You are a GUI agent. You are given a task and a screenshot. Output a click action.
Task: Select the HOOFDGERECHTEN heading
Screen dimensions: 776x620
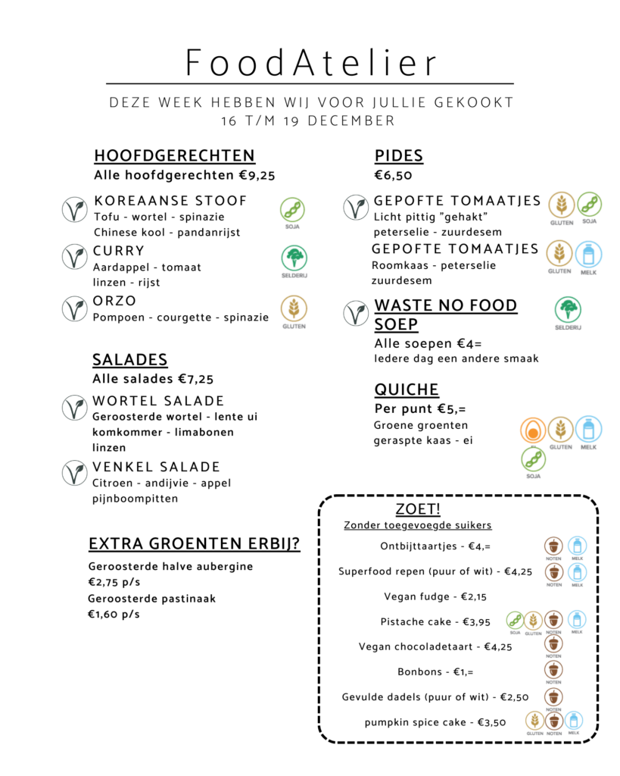(174, 156)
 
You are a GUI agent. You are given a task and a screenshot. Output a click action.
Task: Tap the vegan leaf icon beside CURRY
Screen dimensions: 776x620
(74, 256)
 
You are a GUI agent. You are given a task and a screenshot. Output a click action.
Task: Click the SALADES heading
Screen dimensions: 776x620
(129, 360)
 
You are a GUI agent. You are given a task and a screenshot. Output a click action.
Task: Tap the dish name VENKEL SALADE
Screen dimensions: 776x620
(157, 467)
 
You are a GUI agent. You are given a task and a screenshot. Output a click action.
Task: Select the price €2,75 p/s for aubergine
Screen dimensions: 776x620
(114, 582)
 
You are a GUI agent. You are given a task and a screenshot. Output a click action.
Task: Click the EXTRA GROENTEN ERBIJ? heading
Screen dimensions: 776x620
(194, 544)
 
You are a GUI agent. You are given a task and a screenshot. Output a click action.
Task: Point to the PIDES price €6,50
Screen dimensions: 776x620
(393, 175)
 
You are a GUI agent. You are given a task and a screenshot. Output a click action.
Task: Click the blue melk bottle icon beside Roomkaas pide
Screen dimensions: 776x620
(587, 253)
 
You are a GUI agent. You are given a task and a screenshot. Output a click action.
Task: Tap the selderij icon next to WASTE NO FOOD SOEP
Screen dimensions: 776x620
(568, 310)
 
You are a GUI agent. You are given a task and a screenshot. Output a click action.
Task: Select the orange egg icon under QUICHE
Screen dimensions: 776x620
(533, 430)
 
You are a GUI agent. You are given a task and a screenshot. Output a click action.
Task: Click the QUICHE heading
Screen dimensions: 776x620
(407, 390)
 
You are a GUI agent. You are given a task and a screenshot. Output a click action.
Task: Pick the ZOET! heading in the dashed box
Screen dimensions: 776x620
(418, 508)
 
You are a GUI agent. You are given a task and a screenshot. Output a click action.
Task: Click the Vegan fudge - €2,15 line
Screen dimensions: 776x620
(435, 596)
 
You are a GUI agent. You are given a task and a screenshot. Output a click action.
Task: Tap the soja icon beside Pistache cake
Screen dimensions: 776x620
(515, 620)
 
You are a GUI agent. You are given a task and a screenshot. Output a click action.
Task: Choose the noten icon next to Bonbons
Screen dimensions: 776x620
(554, 670)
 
